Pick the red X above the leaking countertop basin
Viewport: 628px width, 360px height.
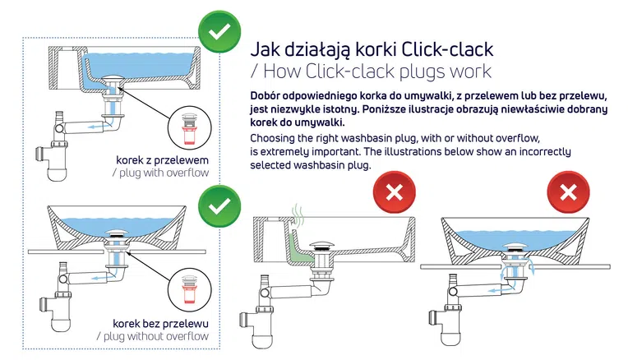point(568,193)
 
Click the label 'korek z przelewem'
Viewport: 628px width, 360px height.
point(163,159)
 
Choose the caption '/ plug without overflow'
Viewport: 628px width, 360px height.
point(152,336)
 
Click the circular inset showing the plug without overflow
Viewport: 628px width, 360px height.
point(193,290)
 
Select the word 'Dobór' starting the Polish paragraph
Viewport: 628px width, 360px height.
point(270,95)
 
